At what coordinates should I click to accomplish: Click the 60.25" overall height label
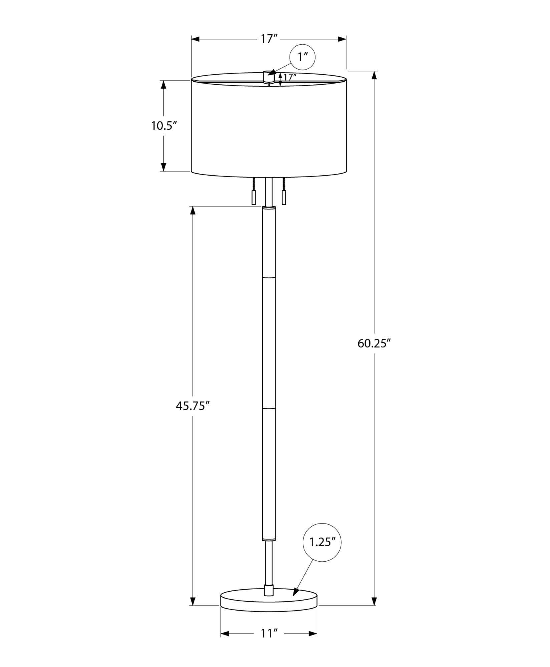374,343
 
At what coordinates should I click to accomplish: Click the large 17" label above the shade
269,39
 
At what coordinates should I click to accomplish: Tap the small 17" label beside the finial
290,78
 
